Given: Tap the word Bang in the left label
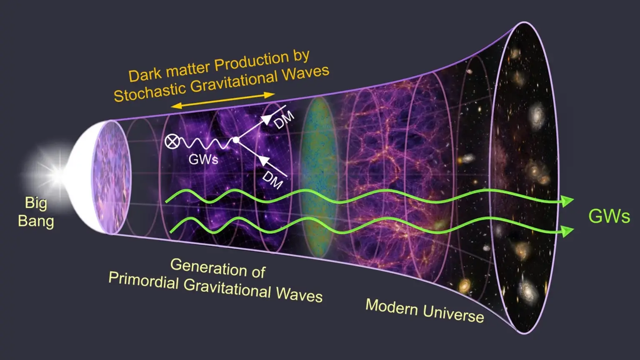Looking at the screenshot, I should [36, 221].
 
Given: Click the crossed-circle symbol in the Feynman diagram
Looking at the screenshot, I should [171, 142].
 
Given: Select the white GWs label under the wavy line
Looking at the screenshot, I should [203, 159].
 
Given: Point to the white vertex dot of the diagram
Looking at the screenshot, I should [236, 140].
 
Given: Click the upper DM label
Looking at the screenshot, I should [284, 120].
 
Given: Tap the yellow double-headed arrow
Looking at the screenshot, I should [223, 100].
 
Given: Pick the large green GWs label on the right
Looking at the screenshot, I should [609, 216].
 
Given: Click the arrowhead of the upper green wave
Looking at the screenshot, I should [567, 201].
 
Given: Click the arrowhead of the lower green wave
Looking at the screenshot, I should [567, 230].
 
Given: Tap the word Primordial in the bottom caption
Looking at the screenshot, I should [143, 281].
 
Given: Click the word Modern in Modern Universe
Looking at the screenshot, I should [392, 307].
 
